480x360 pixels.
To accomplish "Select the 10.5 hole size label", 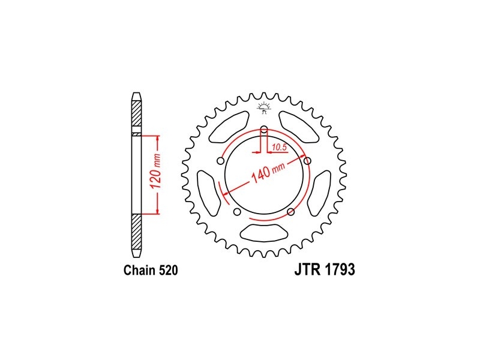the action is [x=279, y=148].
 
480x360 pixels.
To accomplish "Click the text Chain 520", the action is [x=151, y=271].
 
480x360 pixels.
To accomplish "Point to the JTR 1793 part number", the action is [x=325, y=269].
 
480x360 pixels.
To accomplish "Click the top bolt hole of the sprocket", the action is [x=264, y=129].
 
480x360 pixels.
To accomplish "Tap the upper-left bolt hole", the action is [x=220, y=161].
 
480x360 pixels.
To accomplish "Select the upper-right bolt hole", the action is [x=308, y=161].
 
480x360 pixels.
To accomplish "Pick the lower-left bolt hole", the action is [x=236, y=212].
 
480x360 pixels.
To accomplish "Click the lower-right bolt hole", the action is [x=291, y=212].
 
